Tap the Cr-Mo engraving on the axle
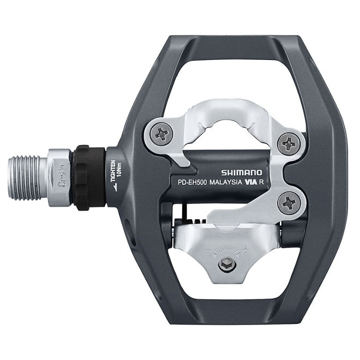coord(62,178)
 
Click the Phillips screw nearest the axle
coord(162,133)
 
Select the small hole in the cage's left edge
coord(127,227)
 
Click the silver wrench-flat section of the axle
coord(58,178)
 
